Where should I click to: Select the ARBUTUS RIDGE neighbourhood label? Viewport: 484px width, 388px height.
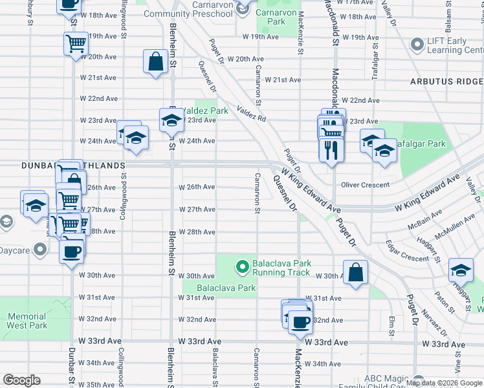click(x=446, y=81)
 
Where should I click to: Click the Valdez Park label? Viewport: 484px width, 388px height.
click(x=204, y=111)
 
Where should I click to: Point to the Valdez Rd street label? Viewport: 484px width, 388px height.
click(x=252, y=114)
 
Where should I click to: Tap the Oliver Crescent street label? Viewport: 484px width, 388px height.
click(x=365, y=185)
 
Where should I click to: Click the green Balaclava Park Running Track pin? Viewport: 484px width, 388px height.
click(x=242, y=266)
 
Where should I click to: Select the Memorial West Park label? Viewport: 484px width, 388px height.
click(x=27, y=321)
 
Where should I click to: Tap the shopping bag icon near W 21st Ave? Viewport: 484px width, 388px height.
click(x=156, y=62)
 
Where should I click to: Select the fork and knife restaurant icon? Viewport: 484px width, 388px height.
click(x=331, y=150)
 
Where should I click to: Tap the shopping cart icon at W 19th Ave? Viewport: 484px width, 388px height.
click(x=76, y=43)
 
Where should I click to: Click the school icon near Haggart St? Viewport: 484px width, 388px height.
click(x=461, y=270)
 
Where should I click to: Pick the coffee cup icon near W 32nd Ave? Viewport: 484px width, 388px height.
click(x=299, y=321)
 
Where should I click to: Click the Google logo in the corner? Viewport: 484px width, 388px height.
click(x=22, y=380)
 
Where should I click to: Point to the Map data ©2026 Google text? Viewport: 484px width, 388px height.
click(x=444, y=383)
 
